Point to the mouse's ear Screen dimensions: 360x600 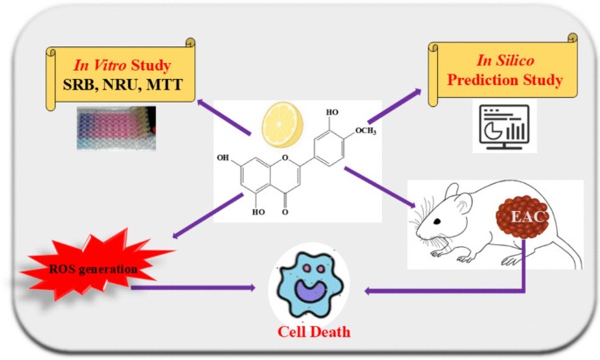[x=465, y=206]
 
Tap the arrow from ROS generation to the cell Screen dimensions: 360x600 [x=201, y=286]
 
